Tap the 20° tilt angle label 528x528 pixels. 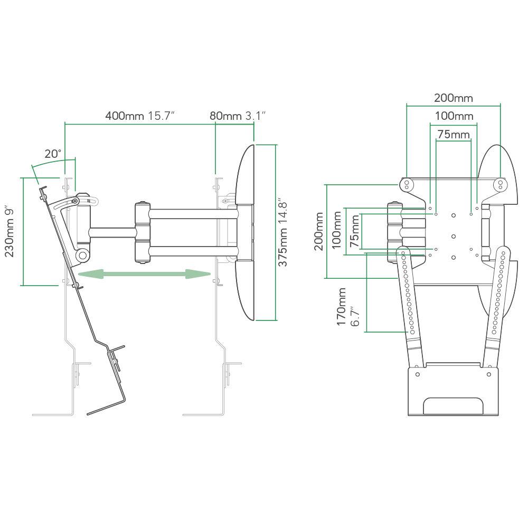[53, 154]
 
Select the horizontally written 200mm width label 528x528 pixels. [453, 98]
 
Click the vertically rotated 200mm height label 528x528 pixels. [318, 232]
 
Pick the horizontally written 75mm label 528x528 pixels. [453, 135]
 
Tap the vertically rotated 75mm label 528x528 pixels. [354, 231]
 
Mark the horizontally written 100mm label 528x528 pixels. [454, 116]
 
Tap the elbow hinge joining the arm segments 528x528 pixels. [142, 232]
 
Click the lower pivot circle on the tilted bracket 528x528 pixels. [82, 255]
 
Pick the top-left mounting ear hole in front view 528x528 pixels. [407, 184]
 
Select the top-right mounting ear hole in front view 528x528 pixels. [500, 184]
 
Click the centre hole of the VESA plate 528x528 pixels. [454, 235]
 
